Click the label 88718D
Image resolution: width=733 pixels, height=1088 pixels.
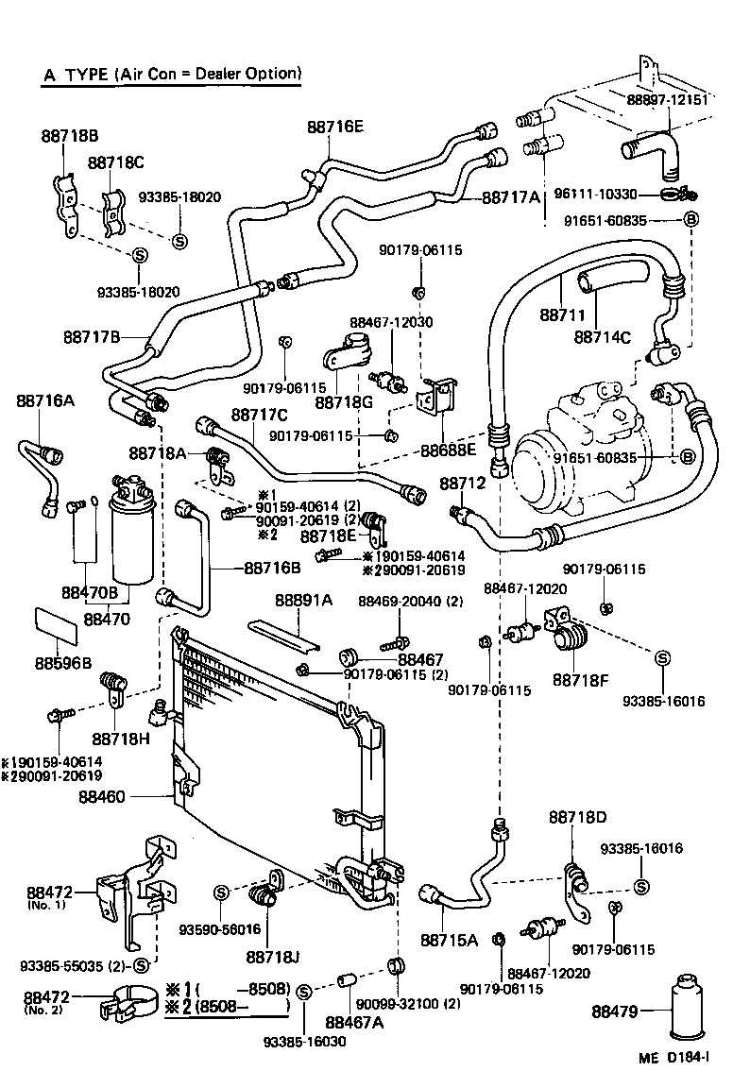click(x=577, y=816)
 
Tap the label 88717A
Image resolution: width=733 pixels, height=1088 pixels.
click(x=511, y=197)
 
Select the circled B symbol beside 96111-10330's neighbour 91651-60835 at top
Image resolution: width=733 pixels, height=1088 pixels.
click(x=690, y=221)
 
